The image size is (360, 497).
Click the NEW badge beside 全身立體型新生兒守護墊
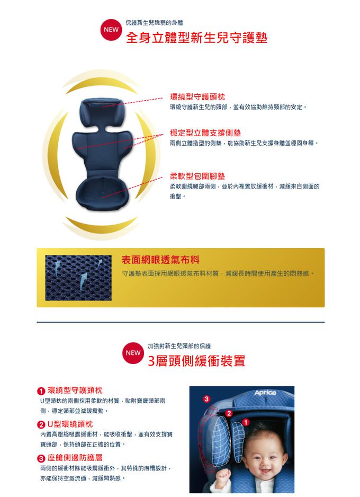tap(111, 30)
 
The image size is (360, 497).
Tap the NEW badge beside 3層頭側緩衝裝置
tap(133, 353)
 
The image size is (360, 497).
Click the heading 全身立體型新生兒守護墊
tap(196, 38)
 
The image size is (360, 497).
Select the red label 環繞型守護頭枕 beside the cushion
tap(197, 97)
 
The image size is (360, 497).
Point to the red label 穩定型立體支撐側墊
tap(205, 133)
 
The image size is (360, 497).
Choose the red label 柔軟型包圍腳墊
tap(197, 176)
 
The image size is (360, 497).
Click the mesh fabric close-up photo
tap(78, 278)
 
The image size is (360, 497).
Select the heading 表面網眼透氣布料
tap(160, 260)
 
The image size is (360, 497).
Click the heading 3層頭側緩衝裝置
tap(196, 361)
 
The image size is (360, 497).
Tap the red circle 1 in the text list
tap(41, 391)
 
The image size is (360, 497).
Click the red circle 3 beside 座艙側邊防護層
tap(41, 458)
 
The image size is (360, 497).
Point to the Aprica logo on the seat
tap(265, 393)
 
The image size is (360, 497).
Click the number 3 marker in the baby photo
tap(206, 399)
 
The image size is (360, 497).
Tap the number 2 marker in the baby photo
tap(229, 413)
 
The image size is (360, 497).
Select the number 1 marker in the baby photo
tap(246, 422)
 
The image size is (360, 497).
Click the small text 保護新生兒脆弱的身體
tap(154, 23)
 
